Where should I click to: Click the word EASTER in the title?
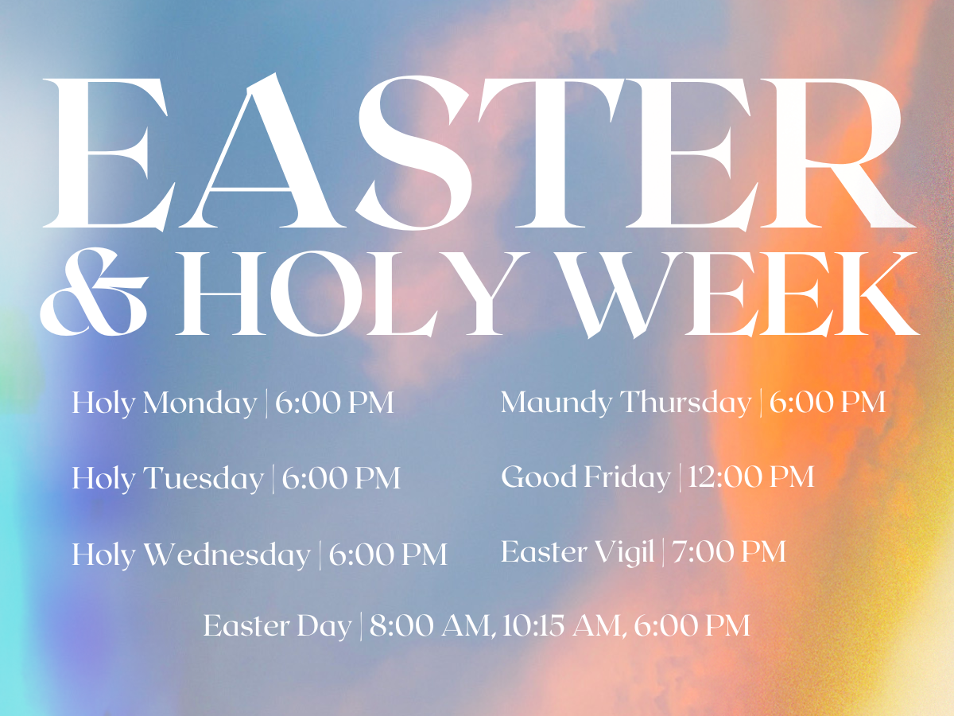tap(477, 152)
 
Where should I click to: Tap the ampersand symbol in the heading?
tap(94, 292)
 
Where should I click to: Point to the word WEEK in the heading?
tap(738, 294)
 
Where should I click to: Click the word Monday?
tap(200, 404)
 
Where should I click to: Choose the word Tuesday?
tap(204, 479)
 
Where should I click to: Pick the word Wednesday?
tap(227, 555)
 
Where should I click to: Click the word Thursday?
tap(685, 402)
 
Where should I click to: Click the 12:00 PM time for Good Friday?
tap(751, 477)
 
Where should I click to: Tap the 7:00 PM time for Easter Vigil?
tap(729, 551)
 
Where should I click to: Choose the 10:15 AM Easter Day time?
tap(561, 625)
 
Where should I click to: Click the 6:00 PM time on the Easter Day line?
tap(692, 625)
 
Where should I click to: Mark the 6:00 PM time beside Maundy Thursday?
tap(828, 402)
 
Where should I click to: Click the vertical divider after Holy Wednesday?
tap(320, 555)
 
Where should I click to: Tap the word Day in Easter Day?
tap(324, 627)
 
